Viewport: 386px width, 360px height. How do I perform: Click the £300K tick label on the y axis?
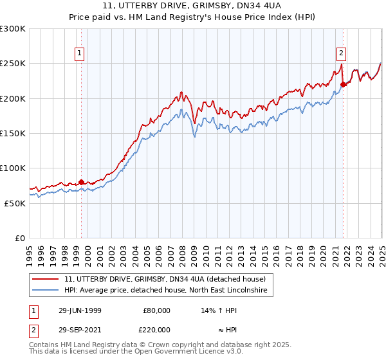click(x=13, y=29)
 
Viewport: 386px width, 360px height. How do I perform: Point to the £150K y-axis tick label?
click(x=13, y=134)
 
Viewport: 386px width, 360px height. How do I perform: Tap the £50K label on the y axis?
click(x=15, y=203)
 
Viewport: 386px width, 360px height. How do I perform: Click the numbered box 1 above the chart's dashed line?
click(x=79, y=54)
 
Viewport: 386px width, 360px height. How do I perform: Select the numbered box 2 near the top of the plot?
click(x=340, y=54)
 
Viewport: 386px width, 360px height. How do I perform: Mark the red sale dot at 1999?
click(x=82, y=182)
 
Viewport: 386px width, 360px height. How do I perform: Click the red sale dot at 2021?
click(x=343, y=84)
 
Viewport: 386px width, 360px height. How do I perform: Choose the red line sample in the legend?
click(x=45, y=279)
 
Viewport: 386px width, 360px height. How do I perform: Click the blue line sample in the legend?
click(x=45, y=291)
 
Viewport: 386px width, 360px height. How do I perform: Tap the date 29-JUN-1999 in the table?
click(x=80, y=310)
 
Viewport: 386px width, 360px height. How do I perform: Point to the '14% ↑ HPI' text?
click(x=220, y=310)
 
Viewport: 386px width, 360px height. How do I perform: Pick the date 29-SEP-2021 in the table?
click(x=80, y=330)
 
